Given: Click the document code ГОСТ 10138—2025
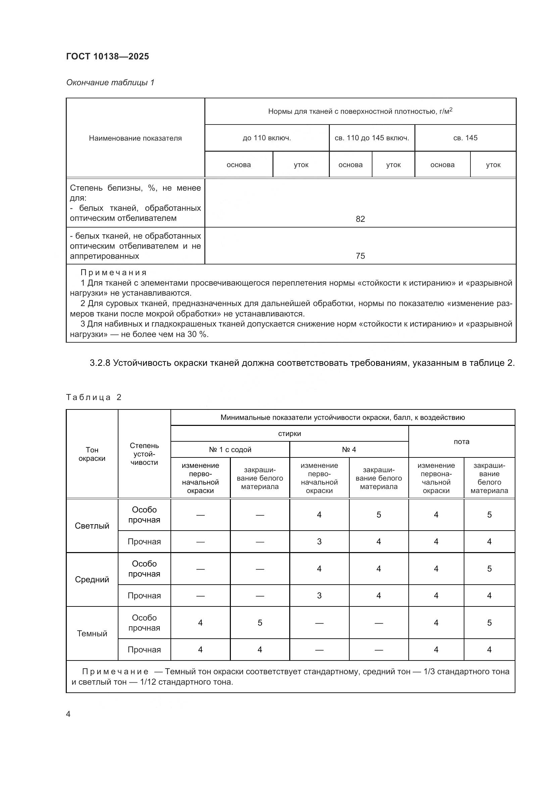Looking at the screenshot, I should coord(108,56).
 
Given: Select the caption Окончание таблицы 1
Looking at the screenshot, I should coord(110,83).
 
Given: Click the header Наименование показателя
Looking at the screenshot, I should coord(135,138).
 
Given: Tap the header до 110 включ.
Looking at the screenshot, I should coord(266,138).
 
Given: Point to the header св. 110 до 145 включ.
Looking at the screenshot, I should coord(372,138).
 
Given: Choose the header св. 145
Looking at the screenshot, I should coord(465,138).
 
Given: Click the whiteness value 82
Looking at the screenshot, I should coord(360,219).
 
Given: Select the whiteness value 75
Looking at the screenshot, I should coord(360,256).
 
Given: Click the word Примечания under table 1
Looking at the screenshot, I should coord(113,273).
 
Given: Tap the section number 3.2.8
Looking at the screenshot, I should coord(100,363).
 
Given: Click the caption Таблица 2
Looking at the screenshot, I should coord(94,397).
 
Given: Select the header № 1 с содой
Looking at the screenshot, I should coord(230,450).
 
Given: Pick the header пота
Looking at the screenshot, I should coord(461,441).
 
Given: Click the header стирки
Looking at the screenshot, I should coord(290,434).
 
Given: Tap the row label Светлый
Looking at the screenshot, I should coord(92,526).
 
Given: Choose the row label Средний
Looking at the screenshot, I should coord(92,580).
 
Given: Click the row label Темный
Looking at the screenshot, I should coord(92,634).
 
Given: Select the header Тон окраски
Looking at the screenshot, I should coord(92,454).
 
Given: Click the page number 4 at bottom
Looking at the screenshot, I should coord(68,714).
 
